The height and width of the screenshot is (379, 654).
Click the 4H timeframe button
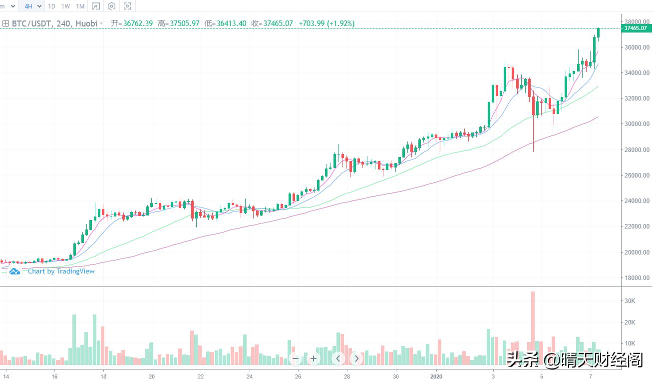[28, 6]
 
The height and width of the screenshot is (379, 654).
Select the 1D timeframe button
[51, 6]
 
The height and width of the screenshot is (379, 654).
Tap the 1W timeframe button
[65, 6]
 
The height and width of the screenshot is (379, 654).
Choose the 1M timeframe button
[80, 6]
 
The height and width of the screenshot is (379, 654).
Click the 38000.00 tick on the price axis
[637, 22]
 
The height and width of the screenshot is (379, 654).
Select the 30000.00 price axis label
[637, 124]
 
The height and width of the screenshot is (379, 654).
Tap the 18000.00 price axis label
[637, 278]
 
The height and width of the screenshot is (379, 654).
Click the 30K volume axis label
[630, 301]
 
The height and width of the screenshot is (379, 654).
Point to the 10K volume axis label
[630, 343]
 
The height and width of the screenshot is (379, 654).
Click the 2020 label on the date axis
[436, 375]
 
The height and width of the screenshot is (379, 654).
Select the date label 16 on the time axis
[54, 375]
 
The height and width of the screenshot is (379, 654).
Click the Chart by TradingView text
[61, 271]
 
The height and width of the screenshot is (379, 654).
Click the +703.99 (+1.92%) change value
[327, 23]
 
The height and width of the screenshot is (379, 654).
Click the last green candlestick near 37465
[598, 33]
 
